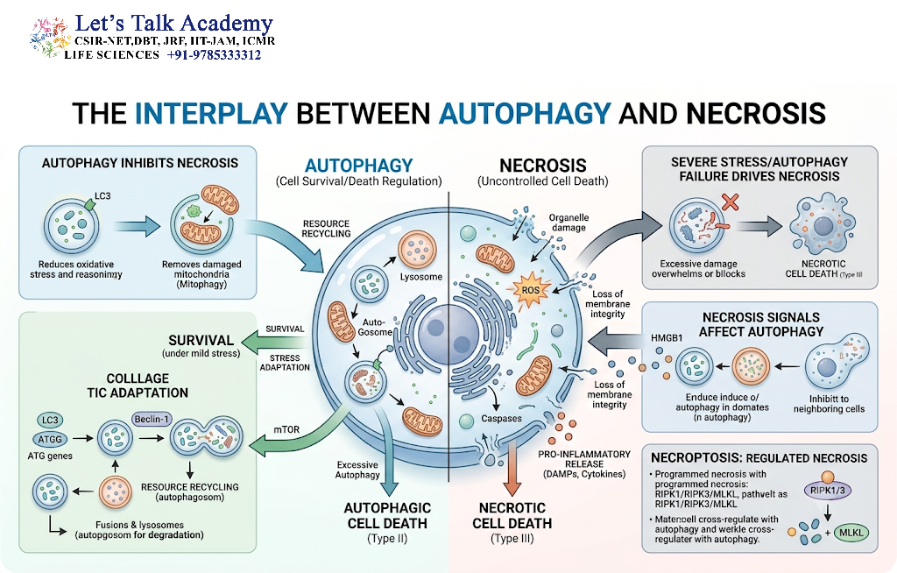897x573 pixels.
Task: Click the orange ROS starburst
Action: click(530, 290)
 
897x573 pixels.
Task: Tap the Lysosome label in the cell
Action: click(421, 277)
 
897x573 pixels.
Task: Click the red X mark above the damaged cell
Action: click(730, 202)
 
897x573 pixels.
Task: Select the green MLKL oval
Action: click(851, 533)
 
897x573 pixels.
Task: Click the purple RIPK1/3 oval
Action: click(827, 491)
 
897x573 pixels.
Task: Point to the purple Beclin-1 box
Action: click(152, 419)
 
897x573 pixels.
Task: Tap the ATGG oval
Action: click(50, 439)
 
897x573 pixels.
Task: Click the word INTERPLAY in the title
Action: click(211, 113)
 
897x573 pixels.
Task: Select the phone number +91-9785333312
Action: click(214, 55)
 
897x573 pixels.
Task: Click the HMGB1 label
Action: click(667, 337)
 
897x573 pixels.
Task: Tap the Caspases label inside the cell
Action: click(501, 419)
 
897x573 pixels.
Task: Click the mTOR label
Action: click(286, 429)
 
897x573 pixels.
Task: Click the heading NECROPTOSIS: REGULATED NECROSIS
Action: click(759, 458)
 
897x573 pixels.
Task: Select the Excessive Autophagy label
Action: click(357, 470)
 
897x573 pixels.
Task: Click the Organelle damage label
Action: click(568, 222)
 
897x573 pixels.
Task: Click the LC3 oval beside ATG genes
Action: click(50, 420)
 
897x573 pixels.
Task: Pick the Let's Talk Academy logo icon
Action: click(49, 38)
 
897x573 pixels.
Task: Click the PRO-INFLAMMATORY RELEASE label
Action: click(584, 463)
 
